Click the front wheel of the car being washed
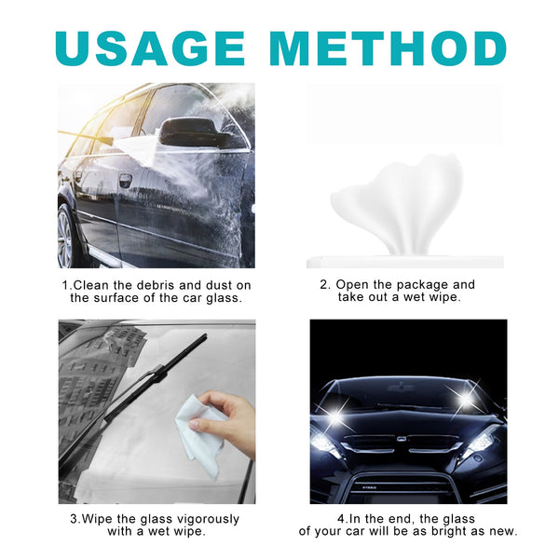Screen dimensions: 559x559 click(66, 238)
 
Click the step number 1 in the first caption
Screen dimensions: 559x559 click(65, 285)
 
